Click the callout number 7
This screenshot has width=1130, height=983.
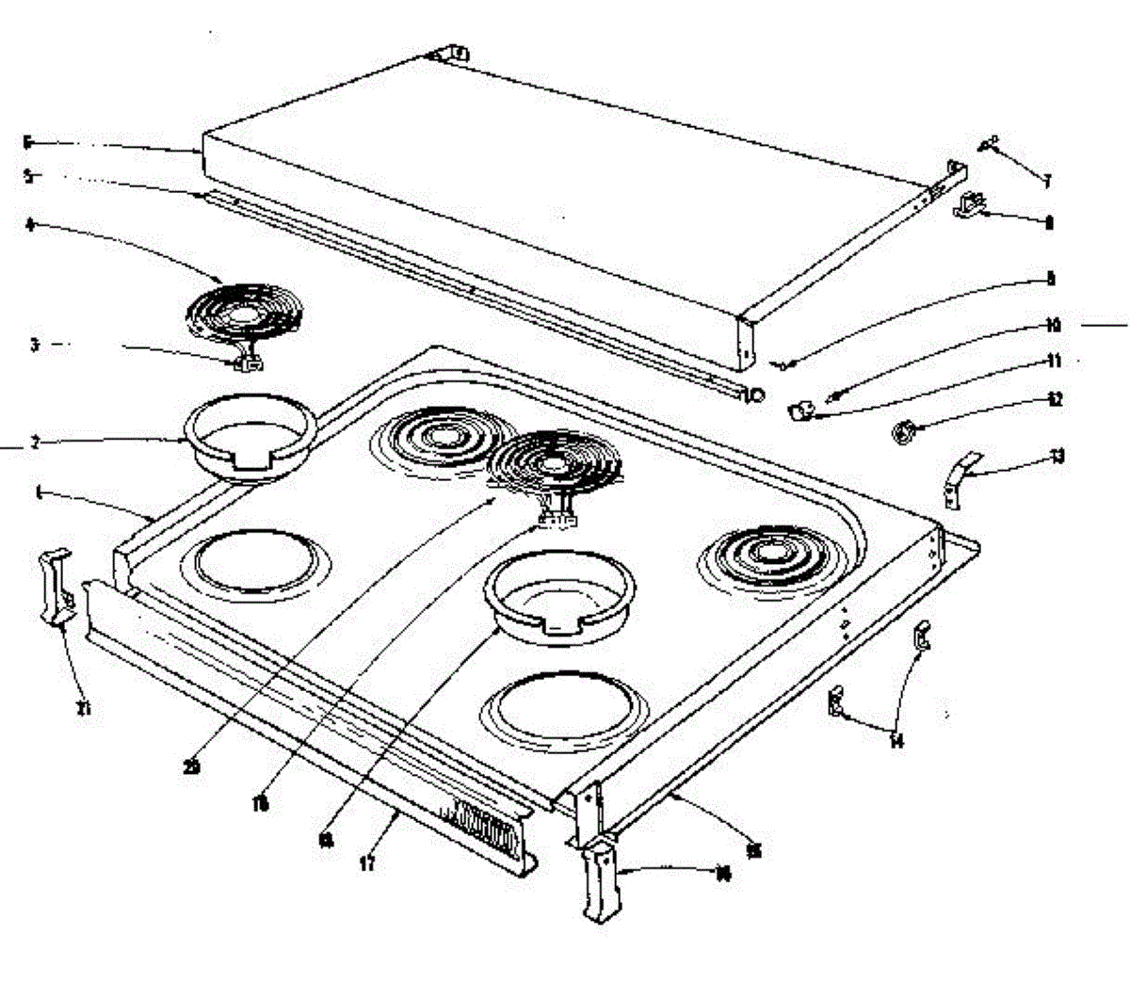pos(1046,180)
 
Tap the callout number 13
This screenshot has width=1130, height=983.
pos(1057,458)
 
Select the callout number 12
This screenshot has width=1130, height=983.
pos(1056,400)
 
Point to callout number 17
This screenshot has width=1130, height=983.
pos(367,862)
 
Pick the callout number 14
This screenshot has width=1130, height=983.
pos(896,741)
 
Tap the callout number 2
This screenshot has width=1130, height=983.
pos(35,443)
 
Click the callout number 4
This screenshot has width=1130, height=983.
pos(29,225)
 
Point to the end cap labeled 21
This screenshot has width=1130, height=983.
pos(55,586)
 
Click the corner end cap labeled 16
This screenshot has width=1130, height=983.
pos(600,883)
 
